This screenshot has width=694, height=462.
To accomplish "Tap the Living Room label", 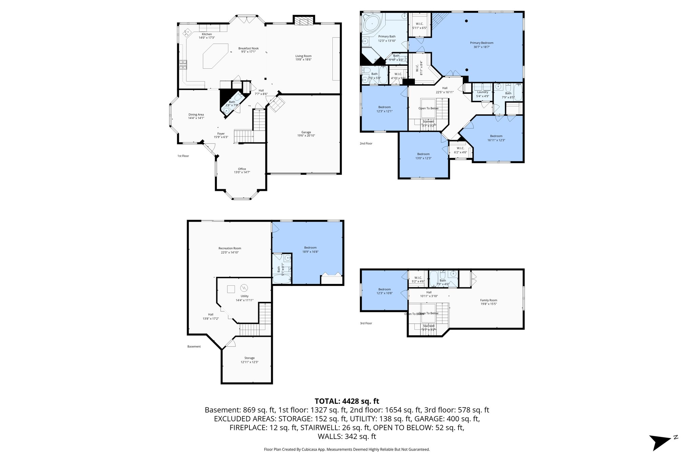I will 303,56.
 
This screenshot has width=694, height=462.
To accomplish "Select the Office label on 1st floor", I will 242,169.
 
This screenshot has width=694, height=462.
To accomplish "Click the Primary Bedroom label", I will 481,43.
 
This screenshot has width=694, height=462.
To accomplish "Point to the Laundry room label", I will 483,92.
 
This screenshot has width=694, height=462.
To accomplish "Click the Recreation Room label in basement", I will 230,248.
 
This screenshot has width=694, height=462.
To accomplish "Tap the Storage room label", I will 249,358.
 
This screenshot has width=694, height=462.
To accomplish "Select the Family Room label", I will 488,300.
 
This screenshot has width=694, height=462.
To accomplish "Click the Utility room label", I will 244,296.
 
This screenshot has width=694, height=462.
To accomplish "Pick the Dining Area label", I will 196,115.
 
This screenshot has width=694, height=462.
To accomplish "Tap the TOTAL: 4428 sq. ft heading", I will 347,401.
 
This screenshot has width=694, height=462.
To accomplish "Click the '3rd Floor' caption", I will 366,323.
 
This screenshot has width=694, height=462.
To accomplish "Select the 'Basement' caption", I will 194,347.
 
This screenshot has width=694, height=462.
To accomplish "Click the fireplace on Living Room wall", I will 303,21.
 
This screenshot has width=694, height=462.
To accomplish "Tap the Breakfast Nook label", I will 248,48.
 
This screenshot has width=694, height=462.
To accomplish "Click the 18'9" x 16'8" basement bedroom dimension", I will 310,251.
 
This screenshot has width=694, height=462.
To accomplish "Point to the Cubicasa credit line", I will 347,449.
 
